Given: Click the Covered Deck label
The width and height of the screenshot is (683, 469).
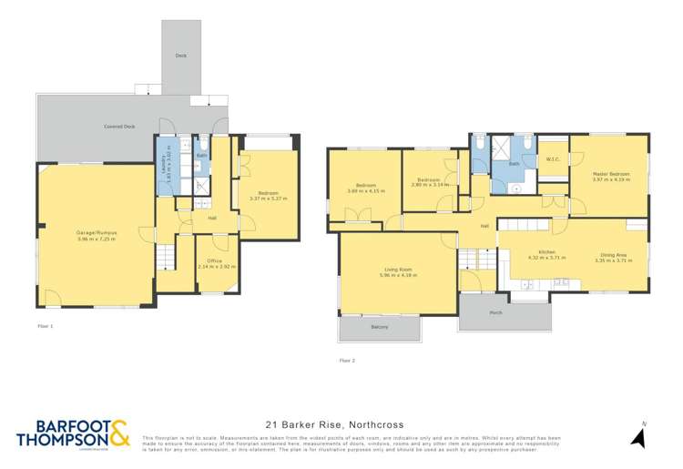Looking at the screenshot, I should [118, 126].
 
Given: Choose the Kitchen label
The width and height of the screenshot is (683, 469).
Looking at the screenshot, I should [546, 251].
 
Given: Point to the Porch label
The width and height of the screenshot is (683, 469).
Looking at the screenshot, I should [495, 312].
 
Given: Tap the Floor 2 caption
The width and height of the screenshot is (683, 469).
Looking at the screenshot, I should [347, 360].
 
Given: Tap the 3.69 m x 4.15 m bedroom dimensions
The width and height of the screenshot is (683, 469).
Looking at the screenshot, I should [360, 190].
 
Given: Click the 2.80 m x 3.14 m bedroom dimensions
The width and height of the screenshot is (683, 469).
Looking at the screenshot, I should [428, 184].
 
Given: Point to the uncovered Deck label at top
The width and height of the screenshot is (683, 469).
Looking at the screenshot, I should [181, 56].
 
